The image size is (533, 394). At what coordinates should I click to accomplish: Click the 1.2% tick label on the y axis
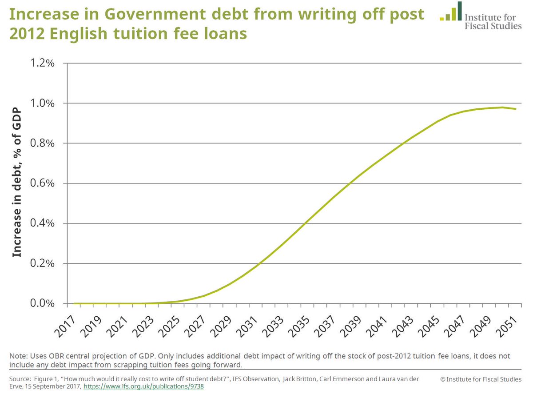coord(42,63)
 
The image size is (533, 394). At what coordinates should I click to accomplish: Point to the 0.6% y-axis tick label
coord(42,183)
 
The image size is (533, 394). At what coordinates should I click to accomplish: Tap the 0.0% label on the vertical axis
coord(42,304)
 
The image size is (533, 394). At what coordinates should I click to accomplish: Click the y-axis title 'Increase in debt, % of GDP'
coord(17,183)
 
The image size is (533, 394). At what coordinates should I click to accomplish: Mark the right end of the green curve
coord(516,109)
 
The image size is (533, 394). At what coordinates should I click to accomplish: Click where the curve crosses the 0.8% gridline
coord(405,143)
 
